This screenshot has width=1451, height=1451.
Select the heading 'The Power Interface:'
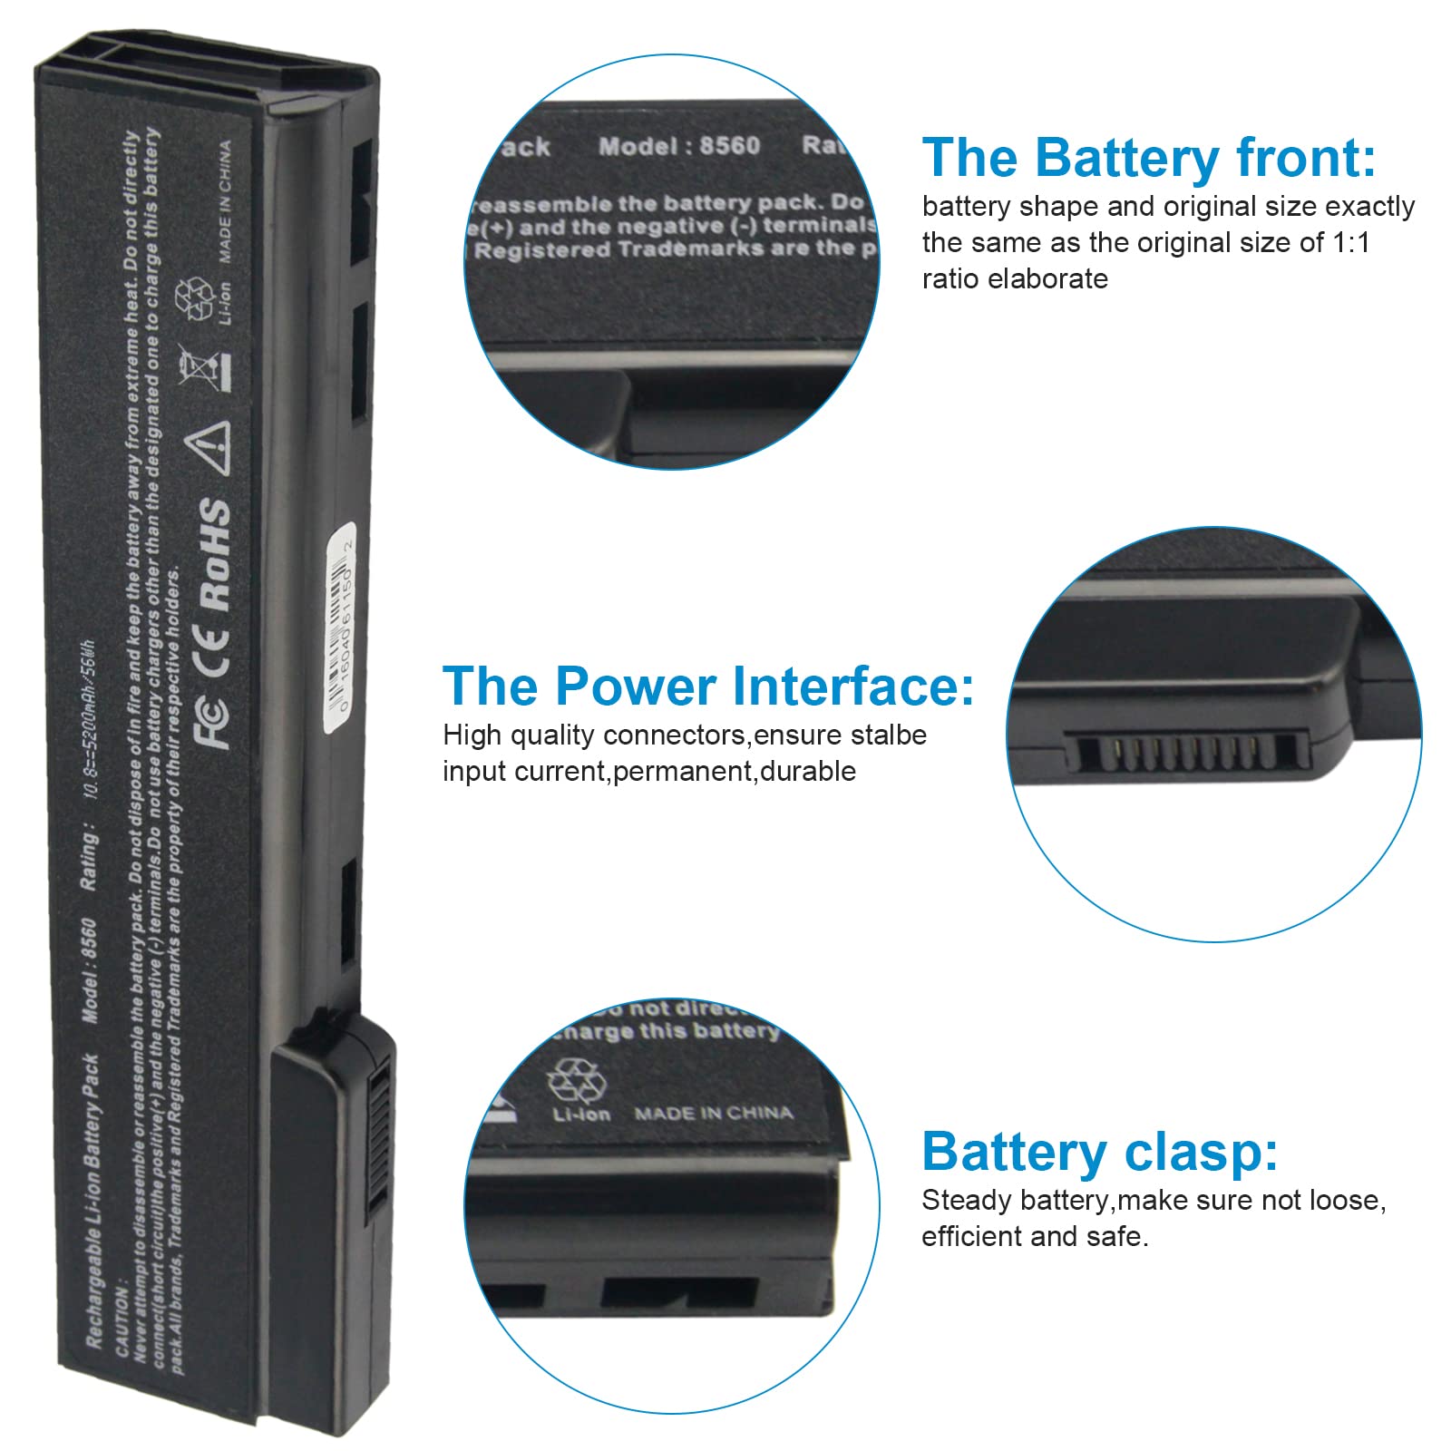coord(708,686)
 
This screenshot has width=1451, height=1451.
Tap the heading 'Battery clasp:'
coord(1099,1152)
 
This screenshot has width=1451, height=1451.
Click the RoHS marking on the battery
coord(215,554)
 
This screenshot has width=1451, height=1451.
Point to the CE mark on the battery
coord(215,649)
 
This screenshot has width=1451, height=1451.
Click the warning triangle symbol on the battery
coord(209,447)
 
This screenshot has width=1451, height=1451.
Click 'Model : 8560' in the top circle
coord(679,146)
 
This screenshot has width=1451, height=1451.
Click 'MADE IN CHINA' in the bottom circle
coord(714,1113)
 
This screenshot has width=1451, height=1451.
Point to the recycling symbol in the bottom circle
coord(573,1082)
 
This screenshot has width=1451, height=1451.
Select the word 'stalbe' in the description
coord(885,735)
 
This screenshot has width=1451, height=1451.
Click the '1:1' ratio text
coord(1351,243)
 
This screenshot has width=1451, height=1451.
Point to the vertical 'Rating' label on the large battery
coord(89,857)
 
